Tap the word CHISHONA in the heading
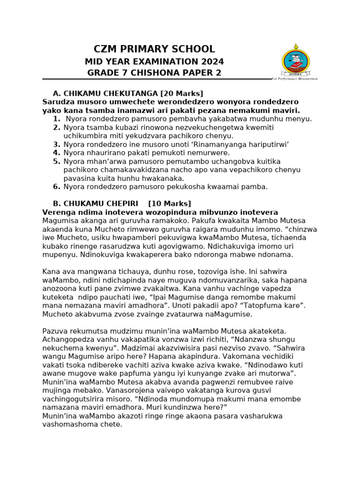click(153, 73)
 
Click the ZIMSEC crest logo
click(295, 62)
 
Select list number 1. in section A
click(56, 119)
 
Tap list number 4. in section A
click(56, 153)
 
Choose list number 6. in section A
click(56, 187)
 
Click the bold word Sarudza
click(57, 102)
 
